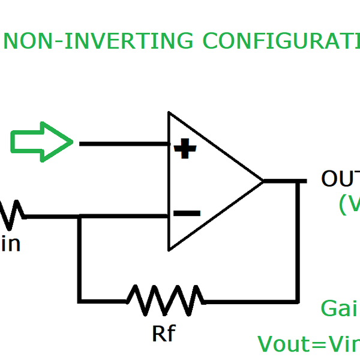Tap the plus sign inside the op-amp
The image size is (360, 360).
185,148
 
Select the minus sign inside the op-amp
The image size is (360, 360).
187,213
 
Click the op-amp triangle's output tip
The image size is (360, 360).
263,181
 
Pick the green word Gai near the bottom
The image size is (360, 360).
339,309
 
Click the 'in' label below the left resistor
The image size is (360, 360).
10,244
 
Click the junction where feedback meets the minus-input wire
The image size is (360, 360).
80,216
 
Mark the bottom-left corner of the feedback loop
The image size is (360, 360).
80,299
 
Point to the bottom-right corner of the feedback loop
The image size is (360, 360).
298,299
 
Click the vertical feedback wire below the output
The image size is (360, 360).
298,240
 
